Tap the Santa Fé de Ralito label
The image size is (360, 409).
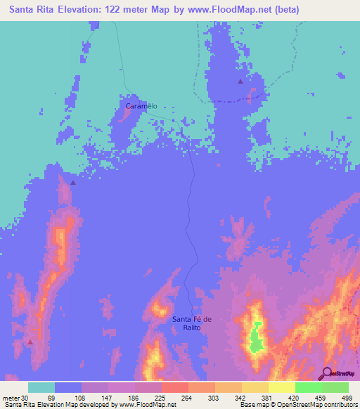pyautogui.click(x=192, y=324)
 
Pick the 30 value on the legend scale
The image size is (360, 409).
pyautogui.click(x=24, y=398)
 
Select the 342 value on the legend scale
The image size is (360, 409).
pyautogui.click(x=241, y=398)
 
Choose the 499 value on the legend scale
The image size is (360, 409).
pyautogui.click(x=347, y=398)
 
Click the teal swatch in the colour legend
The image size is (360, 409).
pyautogui.click(x=41, y=388)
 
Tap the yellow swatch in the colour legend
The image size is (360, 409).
pyautogui.click(x=281, y=388)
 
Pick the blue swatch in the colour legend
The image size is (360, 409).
pyautogui.click(x=68, y=388)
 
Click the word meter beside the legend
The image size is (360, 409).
pyautogui.click(x=10, y=398)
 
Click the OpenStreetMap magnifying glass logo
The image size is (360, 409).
pyautogui.click(x=326, y=373)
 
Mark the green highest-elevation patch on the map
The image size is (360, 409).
pyautogui.click(x=255, y=339)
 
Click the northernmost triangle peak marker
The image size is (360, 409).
pyautogui.click(x=240, y=82)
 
